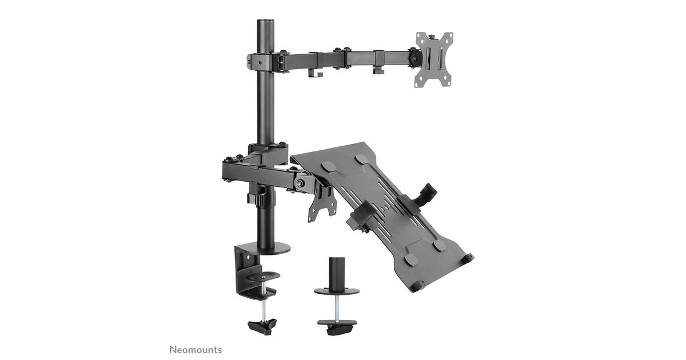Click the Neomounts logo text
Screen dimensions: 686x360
pos(196,350)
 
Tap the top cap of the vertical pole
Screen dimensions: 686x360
pos(265,22)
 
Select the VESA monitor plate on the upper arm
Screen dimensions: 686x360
pos(434,59)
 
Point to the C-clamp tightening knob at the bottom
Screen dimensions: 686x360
pos(262,327)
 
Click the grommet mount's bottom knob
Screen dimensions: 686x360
pos(337,327)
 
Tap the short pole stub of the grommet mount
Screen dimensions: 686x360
pos(337,273)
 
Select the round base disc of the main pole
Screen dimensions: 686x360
pos(270,247)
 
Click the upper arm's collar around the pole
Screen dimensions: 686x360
pos(259,62)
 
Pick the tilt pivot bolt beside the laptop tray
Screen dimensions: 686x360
pos(299,183)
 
